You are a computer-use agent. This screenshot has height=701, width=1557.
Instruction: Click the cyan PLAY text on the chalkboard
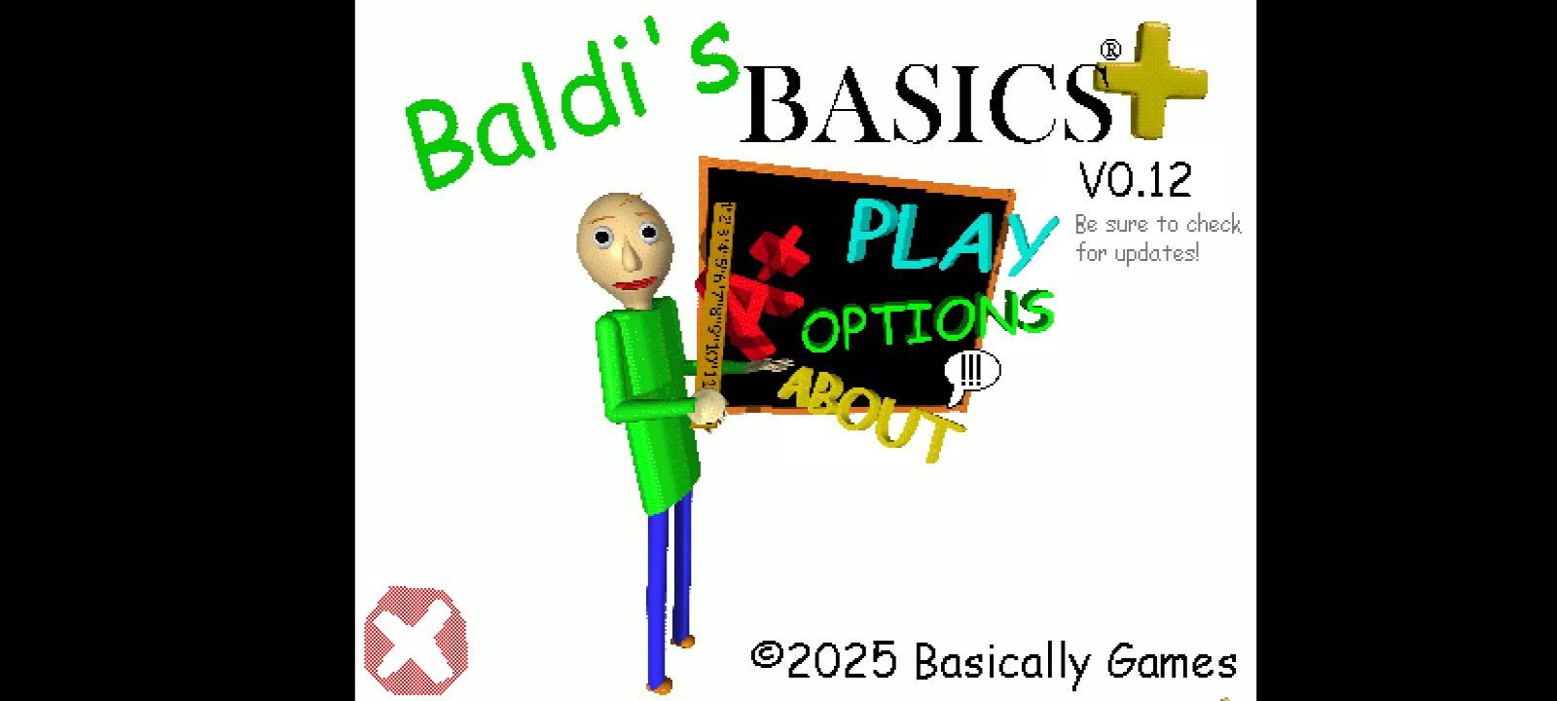click(x=951, y=238)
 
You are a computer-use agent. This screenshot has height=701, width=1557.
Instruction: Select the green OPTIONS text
click(x=928, y=320)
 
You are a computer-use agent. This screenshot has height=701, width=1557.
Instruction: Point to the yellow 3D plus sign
click(x=1151, y=79)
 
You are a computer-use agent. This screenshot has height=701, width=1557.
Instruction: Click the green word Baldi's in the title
click(x=570, y=104)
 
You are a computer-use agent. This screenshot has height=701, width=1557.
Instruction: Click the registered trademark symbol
click(x=1110, y=50)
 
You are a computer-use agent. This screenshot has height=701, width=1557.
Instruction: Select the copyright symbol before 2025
click(x=768, y=655)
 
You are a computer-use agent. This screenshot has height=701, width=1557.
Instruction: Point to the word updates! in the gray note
click(x=1157, y=253)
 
